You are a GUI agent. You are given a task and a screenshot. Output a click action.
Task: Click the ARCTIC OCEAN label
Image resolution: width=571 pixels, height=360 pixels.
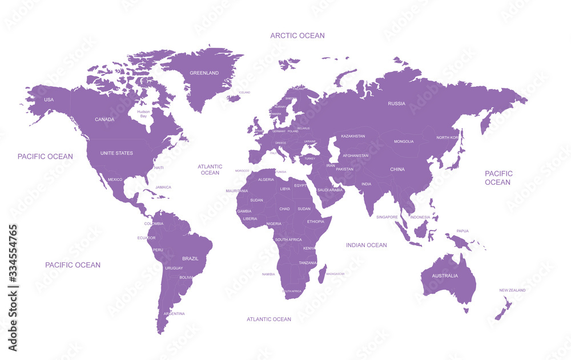pos(297,35)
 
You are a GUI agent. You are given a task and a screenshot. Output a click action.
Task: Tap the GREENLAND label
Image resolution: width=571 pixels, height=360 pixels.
pos(204,73)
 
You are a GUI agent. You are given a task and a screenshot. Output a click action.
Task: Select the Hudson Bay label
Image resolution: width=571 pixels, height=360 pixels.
pos(143,114)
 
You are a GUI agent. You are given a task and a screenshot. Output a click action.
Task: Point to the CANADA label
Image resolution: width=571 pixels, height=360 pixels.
pos(104,119)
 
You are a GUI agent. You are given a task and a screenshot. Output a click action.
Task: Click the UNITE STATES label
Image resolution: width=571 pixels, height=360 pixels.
pos(116,153)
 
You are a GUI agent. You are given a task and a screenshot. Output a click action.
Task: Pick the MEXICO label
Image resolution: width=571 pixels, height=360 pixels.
pos(115,180)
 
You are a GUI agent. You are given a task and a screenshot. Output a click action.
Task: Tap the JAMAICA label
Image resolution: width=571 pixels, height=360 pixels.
pos(163,187)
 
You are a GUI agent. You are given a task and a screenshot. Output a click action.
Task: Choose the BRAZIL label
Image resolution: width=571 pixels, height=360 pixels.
pos(190,258)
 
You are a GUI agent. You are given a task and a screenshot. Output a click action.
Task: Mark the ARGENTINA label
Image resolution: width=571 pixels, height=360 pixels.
pos(174,313)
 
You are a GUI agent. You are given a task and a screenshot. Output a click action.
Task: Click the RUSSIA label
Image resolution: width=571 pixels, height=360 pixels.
pos(396,103)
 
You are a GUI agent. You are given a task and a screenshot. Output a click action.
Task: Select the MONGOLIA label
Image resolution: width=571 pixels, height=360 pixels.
pos(404,141)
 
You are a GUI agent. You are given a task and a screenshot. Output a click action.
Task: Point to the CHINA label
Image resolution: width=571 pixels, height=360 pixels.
pos(397,169)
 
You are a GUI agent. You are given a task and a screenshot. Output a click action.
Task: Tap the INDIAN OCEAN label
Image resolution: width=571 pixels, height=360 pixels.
pos(366,245)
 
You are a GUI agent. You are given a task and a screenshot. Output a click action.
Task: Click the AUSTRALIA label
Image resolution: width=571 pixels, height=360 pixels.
pos(444,276)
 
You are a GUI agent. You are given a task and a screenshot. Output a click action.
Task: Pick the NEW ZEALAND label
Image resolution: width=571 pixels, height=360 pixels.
pos(512,290)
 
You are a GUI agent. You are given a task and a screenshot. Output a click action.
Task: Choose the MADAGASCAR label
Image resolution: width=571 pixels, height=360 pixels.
pos(335,274)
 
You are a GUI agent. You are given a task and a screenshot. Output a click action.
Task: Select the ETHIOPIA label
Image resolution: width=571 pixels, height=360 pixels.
pos(315,221)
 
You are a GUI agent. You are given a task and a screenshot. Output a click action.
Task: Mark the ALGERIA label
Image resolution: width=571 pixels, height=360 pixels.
pos(266,179)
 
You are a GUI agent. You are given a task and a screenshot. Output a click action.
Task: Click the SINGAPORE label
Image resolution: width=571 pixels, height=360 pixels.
pos(387,217)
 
